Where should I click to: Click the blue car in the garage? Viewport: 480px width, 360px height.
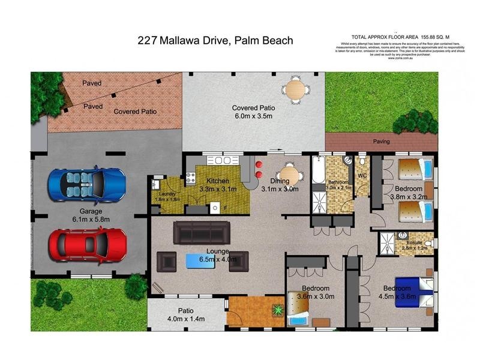coord(88,184)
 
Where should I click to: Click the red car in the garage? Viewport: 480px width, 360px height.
coord(86,245)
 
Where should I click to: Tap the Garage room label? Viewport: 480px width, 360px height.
coord(88,211)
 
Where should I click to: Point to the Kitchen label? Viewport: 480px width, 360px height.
coord(217,181)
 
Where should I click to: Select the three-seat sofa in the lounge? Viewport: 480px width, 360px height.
coord(202,232)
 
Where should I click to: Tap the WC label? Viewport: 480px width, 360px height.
coord(362,176)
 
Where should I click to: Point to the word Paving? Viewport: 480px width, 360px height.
coord(382,142)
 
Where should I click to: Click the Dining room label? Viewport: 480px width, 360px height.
coord(280,181)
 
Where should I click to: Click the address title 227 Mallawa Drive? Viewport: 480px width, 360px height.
coord(215,41)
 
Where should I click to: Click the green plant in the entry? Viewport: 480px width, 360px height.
coord(278,310)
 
